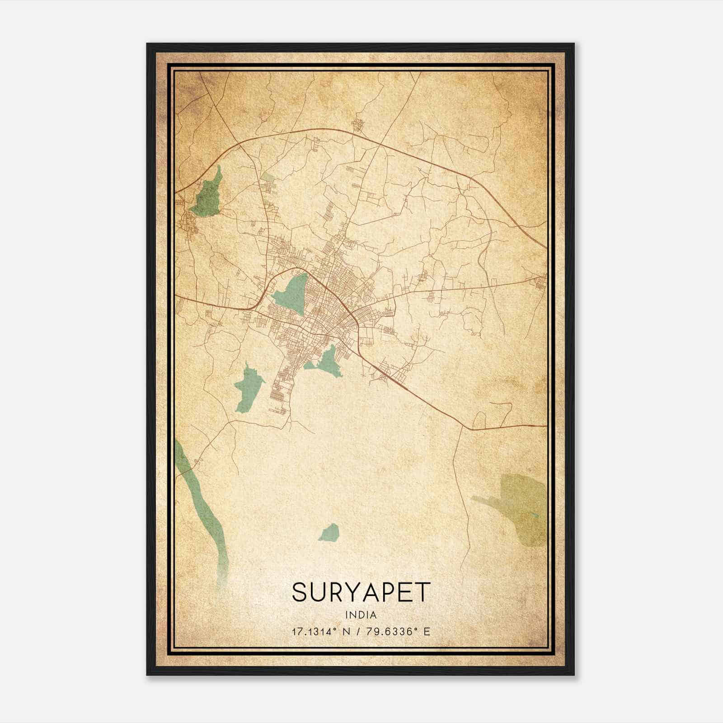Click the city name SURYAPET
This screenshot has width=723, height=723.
[361, 592]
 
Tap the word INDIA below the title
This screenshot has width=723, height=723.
[361, 615]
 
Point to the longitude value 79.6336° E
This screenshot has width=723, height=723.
[398, 631]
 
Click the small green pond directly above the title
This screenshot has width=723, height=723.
[329, 533]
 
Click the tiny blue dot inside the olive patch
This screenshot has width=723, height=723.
[536, 516]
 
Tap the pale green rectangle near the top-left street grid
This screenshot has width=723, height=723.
[268, 178]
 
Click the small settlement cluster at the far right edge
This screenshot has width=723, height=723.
[540, 283]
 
